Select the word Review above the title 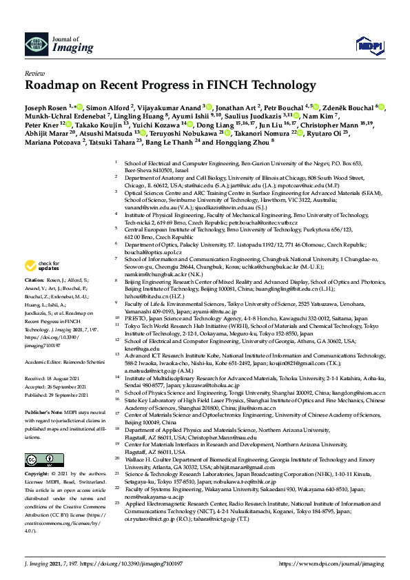34,72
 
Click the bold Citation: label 35,281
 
